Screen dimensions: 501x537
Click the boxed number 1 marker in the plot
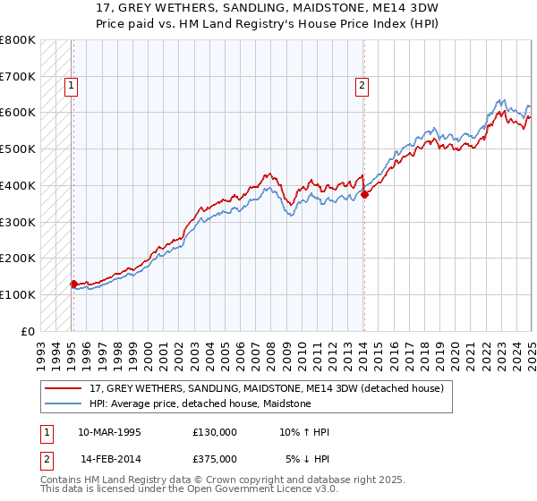70,87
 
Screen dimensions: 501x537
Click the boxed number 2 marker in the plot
361,87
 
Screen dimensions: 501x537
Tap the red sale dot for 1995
73,284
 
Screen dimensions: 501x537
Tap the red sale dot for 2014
364,194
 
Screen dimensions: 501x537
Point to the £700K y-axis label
18,76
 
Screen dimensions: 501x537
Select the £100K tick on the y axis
18,294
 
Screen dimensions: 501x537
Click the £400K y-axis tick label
18,185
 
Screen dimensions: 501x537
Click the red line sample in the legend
64,388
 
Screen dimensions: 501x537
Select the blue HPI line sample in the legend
64,403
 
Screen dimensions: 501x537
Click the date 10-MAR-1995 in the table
109,432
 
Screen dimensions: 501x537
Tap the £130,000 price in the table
215,432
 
